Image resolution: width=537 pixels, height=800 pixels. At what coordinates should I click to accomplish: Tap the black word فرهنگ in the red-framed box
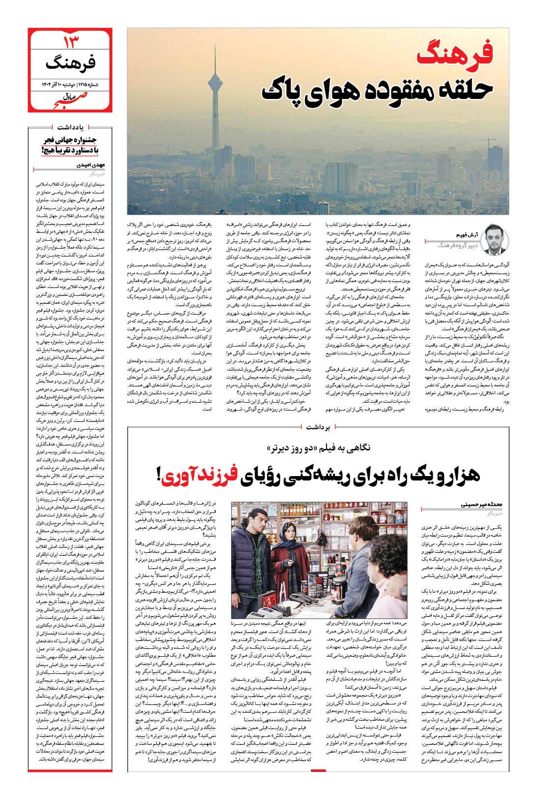tap(64, 63)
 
